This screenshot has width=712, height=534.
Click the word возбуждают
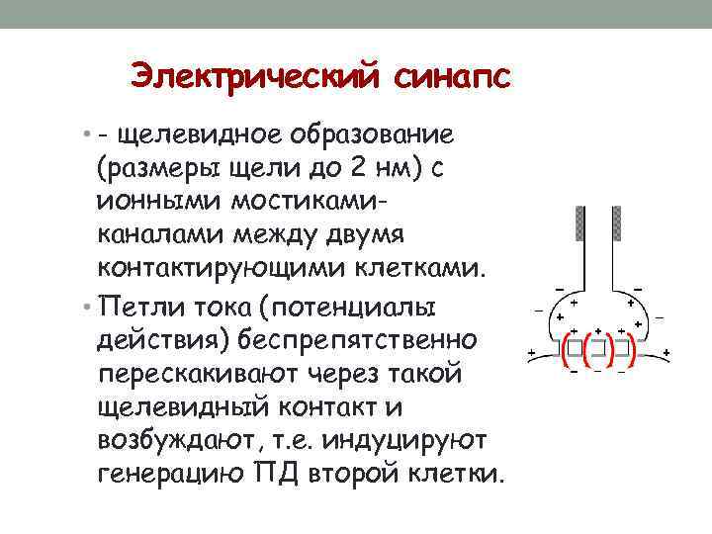click(x=176, y=441)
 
